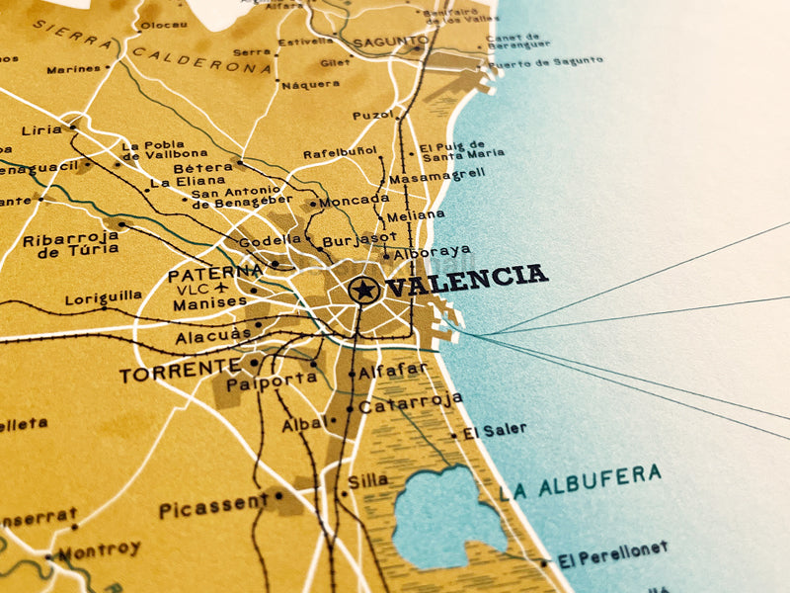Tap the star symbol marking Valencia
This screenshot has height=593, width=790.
coord(363,290)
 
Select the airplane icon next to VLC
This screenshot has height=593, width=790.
coord(219,289)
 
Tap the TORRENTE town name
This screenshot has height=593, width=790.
coord(180,373)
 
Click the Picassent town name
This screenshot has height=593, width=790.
coord(213,507)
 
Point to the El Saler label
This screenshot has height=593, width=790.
coord(495,430)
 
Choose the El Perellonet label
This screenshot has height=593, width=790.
coord(612,554)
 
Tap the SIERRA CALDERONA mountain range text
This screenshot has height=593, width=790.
coord(148,49)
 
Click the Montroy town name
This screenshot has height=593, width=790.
coord(99,549)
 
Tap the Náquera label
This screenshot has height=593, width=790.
coord(311,85)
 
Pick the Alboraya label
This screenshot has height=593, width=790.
coord(433,251)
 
